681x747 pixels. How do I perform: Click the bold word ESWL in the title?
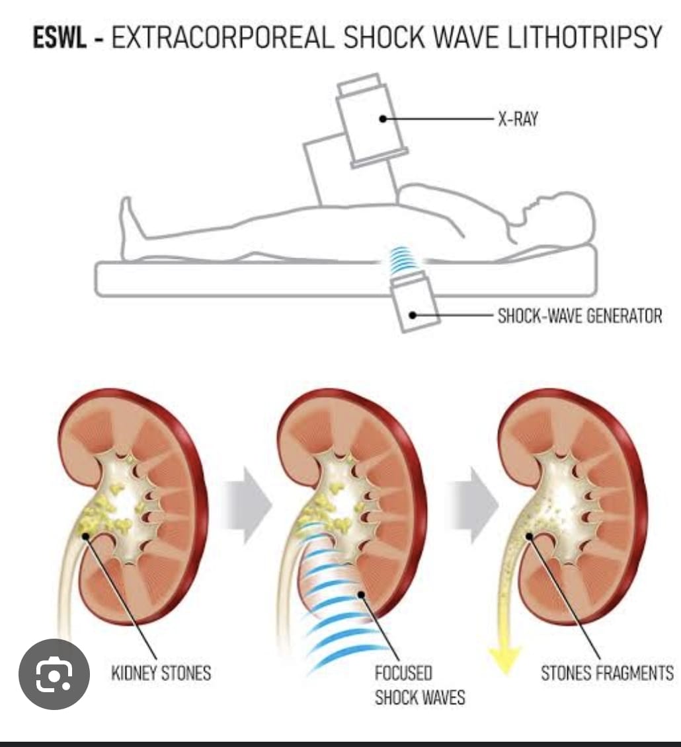point(60,37)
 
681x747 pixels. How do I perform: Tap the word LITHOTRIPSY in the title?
point(584,37)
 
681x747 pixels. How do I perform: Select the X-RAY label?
point(518,119)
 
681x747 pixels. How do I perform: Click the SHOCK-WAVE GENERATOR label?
point(580,316)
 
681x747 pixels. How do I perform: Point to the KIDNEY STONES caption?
point(161,673)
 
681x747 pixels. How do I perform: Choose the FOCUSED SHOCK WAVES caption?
point(420,685)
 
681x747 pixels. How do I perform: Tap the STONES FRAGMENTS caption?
point(607,673)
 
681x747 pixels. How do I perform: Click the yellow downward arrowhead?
point(504,660)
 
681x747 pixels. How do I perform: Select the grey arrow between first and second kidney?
point(247,505)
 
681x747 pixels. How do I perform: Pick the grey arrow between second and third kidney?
point(473,505)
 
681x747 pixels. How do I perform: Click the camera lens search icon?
point(54,674)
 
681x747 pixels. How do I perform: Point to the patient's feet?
point(129,224)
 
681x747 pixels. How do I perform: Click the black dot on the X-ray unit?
point(382,119)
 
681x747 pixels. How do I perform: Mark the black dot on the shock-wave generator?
point(413,315)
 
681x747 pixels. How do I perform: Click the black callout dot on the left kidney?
point(85,536)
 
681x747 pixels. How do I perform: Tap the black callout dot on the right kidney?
point(529,536)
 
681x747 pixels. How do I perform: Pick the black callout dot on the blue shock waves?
point(362,594)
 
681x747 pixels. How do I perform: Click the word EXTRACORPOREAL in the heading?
point(223,37)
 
